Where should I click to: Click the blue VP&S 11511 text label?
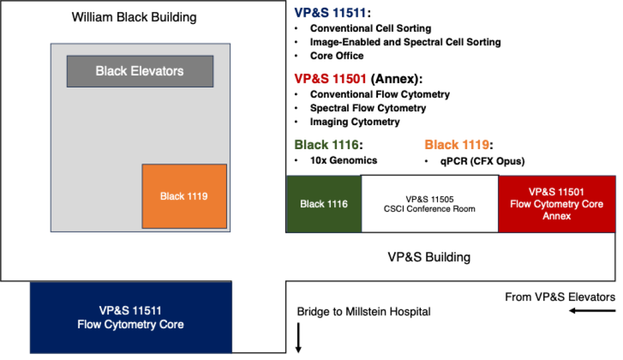click(329, 13)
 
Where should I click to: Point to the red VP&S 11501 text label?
click(330, 79)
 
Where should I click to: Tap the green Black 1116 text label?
click(326, 144)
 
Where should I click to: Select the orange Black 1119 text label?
click(457, 144)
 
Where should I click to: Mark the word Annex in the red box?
click(557, 216)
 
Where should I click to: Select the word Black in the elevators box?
click(111, 71)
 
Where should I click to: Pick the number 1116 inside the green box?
click(337, 204)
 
